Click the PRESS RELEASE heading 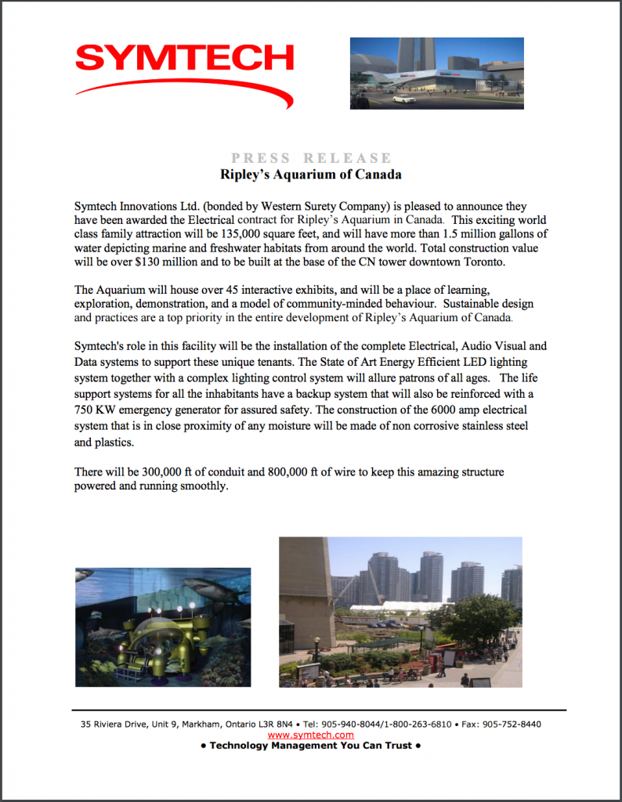(x=311, y=158)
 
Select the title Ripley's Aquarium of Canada (x=311, y=173)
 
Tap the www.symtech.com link (x=310, y=735)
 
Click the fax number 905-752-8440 (x=512, y=724)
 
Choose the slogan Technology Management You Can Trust (x=310, y=746)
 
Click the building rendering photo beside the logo (x=436, y=72)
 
